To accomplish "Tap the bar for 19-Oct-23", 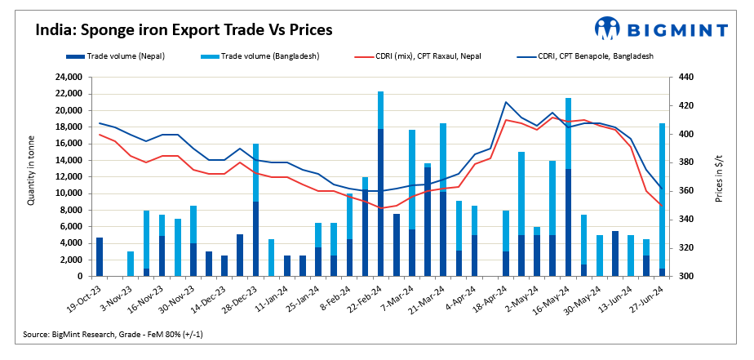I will pos(100,256).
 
